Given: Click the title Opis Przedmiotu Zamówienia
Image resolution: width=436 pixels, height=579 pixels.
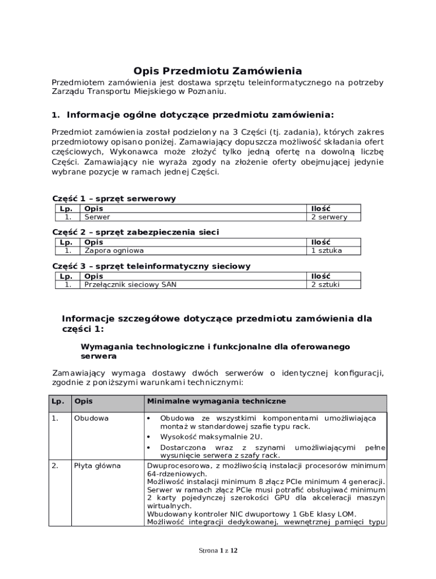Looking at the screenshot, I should (x=217, y=71).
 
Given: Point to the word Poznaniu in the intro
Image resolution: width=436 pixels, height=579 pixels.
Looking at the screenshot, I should (x=209, y=92).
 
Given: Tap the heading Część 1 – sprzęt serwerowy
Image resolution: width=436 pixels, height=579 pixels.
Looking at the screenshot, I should (x=114, y=198).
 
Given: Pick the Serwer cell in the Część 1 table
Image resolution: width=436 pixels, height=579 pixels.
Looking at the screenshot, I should (x=97, y=217).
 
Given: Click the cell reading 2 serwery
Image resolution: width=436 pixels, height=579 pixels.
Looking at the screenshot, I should (x=329, y=217).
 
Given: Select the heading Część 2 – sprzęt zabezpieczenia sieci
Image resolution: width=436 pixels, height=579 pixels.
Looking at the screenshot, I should (x=135, y=232).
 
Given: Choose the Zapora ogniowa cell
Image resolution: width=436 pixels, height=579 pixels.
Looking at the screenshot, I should (x=114, y=250).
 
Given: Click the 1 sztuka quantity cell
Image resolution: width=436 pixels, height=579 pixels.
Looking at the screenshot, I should (x=326, y=250).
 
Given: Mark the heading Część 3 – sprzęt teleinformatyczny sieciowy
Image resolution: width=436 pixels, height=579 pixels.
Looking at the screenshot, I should (x=151, y=266).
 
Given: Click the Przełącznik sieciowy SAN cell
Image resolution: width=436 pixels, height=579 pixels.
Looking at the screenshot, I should (x=130, y=284).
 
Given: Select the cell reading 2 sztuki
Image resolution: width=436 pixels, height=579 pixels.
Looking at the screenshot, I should (x=325, y=284).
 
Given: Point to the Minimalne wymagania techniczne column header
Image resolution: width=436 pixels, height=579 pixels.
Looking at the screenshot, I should (x=216, y=401).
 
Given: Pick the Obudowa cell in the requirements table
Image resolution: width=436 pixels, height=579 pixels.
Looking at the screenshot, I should (x=91, y=418).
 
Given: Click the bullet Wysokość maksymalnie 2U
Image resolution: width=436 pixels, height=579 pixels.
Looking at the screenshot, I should (x=211, y=437).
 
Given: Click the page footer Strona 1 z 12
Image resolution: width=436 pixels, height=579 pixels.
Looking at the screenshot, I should (x=217, y=550).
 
